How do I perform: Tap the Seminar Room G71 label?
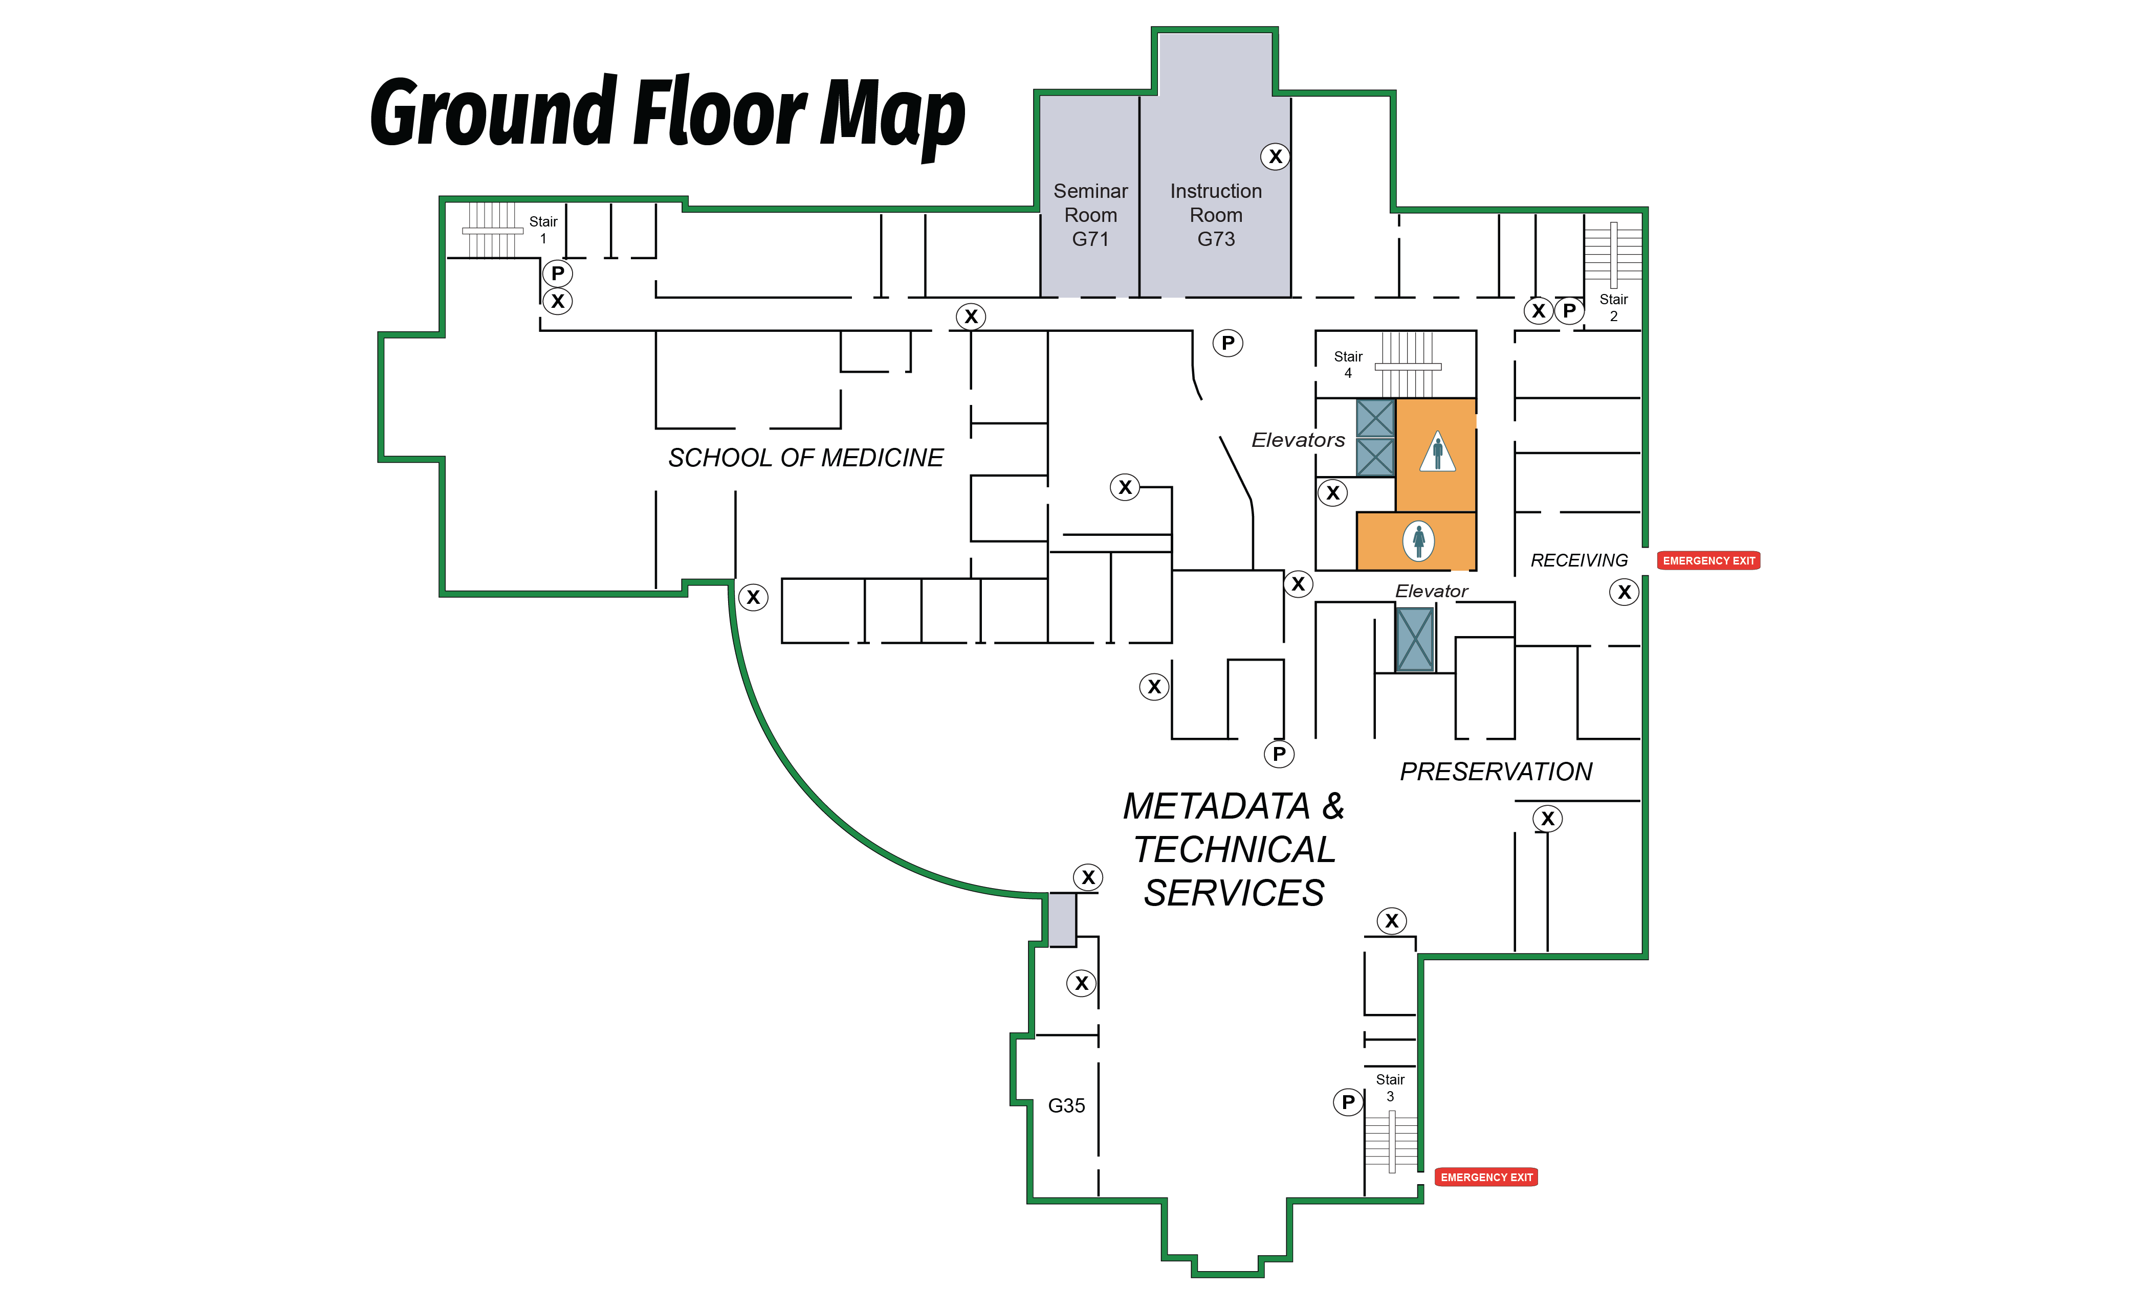tap(1090, 214)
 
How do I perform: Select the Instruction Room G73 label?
tap(1216, 214)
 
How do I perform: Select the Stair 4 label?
tap(1348, 365)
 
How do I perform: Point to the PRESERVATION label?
tap(1496, 772)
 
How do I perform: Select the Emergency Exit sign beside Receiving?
tap(1708, 560)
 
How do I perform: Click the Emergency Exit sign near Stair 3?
tap(1486, 1177)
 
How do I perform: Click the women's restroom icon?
tap(1418, 540)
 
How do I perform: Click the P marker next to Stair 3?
tap(1348, 1102)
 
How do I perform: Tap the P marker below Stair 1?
tap(557, 273)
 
